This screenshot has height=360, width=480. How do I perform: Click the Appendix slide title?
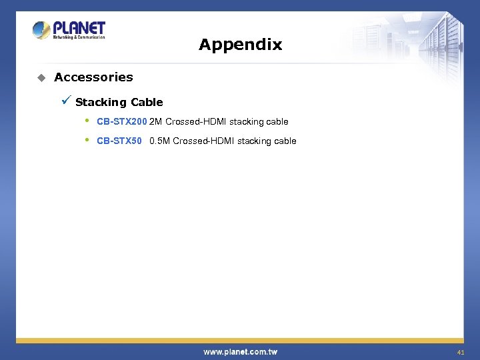click(240, 45)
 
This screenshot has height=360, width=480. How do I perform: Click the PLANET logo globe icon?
click(41, 30)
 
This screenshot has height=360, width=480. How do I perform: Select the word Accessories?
click(93, 77)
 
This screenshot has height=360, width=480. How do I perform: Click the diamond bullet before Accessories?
click(41, 78)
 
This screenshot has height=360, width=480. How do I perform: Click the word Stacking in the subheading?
click(101, 103)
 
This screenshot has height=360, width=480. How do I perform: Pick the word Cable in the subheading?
click(147, 103)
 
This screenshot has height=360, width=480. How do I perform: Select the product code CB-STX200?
click(121, 121)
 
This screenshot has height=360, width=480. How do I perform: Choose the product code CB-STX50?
click(119, 141)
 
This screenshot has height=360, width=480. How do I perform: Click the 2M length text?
click(156, 121)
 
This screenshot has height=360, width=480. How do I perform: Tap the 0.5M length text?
click(160, 141)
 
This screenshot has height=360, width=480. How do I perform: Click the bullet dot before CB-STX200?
click(87, 121)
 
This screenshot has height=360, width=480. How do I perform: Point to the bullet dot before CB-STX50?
click(87, 140)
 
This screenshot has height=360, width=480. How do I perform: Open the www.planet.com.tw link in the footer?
click(240, 351)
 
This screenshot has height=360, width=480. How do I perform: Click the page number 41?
click(460, 352)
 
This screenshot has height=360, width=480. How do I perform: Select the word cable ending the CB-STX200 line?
click(277, 121)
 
